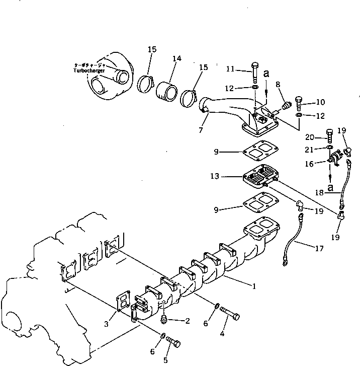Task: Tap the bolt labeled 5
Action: tap(174, 343)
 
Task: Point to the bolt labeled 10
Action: tap(300, 103)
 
